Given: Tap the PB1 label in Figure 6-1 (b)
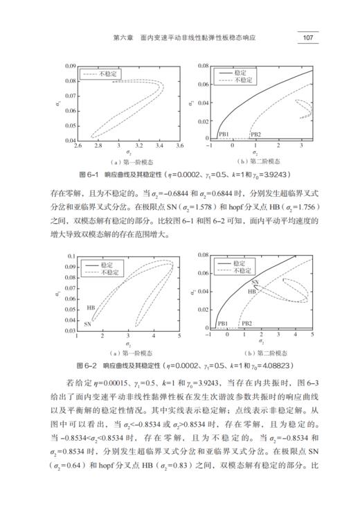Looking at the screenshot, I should point(224,133).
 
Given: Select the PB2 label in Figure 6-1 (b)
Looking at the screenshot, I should point(255,133).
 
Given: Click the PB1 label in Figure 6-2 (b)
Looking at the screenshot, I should point(222,324).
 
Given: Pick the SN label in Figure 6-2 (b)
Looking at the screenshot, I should point(255,283).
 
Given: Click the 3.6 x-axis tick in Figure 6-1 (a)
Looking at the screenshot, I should point(179,146).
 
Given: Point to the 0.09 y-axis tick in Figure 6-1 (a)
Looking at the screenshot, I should point(70,66).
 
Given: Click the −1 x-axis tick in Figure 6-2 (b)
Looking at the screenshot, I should point(208,335).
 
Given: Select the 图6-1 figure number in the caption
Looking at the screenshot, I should point(91,173).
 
